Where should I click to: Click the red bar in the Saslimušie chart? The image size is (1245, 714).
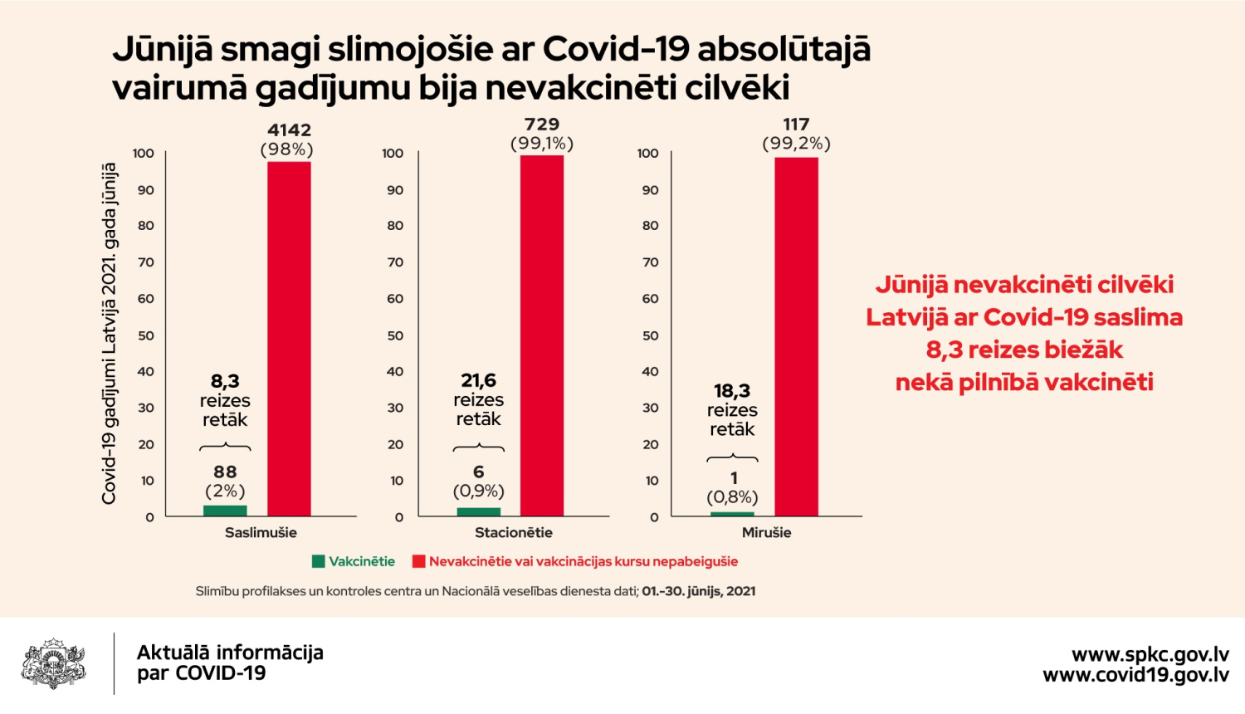coord(289,339)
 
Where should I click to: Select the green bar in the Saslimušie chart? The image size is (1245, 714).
coord(225,511)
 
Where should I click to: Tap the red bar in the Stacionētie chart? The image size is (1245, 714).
coord(542,335)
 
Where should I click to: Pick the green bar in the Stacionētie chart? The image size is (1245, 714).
coord(479,511)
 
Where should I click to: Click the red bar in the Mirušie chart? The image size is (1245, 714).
coord(796,336)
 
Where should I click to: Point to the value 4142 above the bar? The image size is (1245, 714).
coord(289,130)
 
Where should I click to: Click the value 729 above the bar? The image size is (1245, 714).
coord(542,125)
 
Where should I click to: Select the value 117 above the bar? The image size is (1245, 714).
coord(796,125)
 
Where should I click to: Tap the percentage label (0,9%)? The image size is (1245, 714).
coord(479,491)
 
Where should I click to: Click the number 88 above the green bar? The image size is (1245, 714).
coord(225,472)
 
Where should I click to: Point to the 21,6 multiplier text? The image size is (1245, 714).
coord(479,380)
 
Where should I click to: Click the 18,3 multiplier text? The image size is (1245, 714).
coord(732,390)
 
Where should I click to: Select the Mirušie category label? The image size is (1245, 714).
coord(766,532)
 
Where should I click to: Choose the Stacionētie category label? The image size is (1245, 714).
coord(513,532)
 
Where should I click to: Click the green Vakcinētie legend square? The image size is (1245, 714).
coord(318,561)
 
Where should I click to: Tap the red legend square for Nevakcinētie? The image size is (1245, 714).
coord(418,561)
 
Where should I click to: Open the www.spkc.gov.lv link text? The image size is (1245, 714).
coord(1150,654)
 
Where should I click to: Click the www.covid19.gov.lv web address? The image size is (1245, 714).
coord(1135,675)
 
